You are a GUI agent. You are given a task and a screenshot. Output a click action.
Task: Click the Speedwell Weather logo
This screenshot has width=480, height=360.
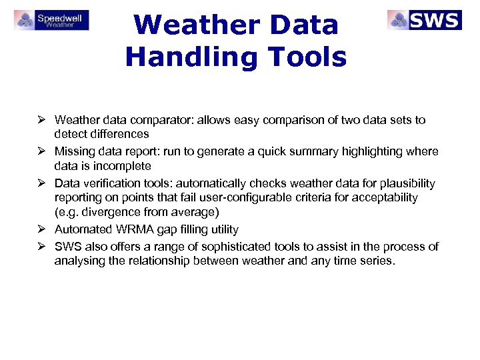pyautogui.click(x=51, y=20)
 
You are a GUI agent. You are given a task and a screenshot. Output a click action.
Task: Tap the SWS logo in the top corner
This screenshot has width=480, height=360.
pyautogui.click(x=424, y=20)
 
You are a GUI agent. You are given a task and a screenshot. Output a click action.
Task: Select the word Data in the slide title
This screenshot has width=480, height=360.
pyautogui.click(x=303, y=25)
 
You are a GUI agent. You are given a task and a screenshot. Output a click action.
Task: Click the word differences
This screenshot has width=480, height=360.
pyautogui.click(x=117, y=135)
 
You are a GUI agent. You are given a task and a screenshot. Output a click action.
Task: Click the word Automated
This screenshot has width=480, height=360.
pyautogui.click(x=79, y=229)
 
